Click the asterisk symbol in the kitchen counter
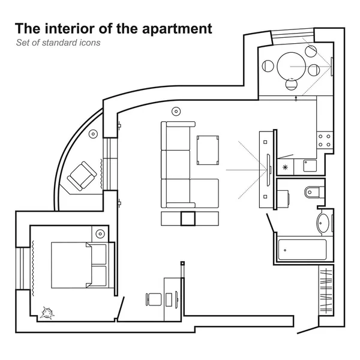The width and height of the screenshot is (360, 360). [x=286, y=166]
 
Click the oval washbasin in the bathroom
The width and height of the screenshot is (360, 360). [x=323, y=223]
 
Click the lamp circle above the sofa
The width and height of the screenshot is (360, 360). [x=176, y=111]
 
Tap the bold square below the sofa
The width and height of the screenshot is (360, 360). [x=188, y=218]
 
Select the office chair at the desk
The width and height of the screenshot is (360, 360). [x=152, y=299]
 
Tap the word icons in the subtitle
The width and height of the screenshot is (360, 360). [x=89, y=43]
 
